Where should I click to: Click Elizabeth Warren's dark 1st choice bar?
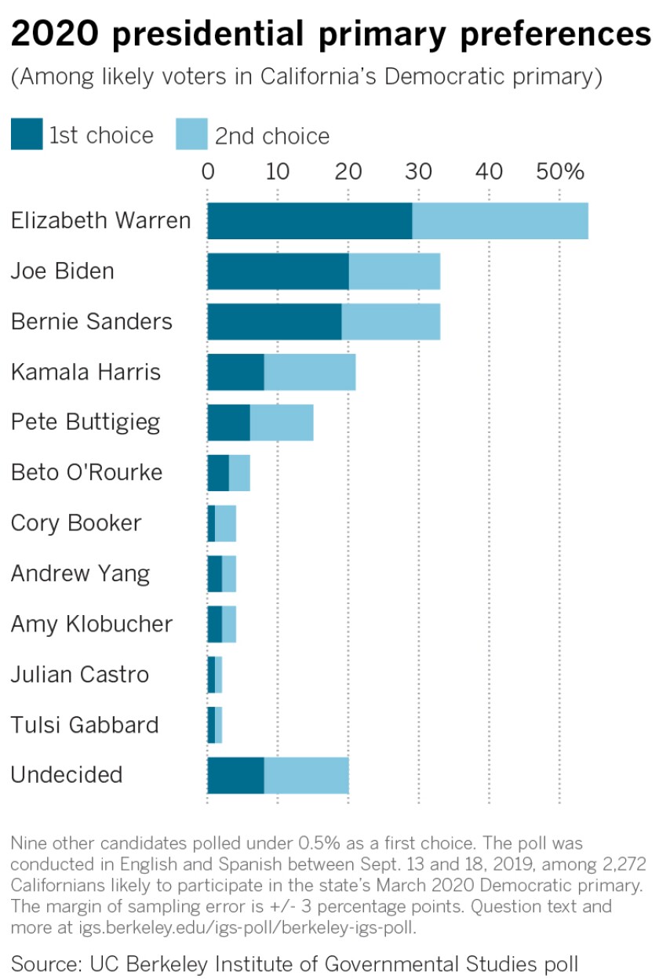[x=309, y=220]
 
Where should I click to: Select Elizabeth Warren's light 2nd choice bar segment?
[x=500, y=220]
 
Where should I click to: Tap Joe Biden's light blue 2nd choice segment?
[x=394, y=271]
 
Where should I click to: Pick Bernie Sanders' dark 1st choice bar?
[x=274, y=322]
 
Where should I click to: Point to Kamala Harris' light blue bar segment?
[x=309, y=372]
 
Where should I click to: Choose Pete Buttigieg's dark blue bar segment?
[x=228, y=422]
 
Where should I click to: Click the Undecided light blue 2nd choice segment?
[x=306, y=775]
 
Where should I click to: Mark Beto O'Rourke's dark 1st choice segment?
[x=218, y=473]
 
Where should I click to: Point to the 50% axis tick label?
[x=560, y=170]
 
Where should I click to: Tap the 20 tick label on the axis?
[x=348, y=170]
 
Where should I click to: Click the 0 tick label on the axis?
[x=208, y=170]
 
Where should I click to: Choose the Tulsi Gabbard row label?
[x=85, y=725]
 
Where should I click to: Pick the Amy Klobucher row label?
[x=92, y=624]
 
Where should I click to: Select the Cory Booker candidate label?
[x=76, y=523]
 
